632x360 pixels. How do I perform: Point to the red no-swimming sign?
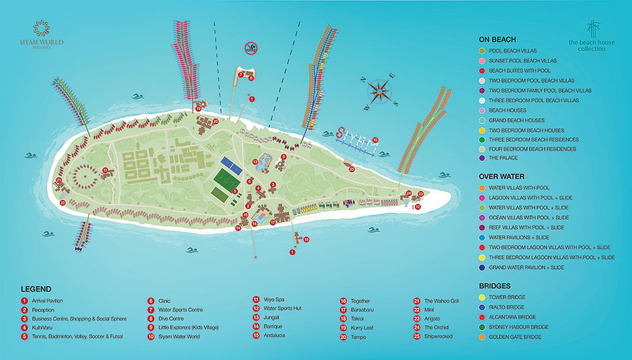coord(251,48)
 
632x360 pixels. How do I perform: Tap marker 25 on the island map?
coord(352,169)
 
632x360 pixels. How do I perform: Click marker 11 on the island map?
coord(105,171)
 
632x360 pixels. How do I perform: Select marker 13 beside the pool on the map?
coord(255,162)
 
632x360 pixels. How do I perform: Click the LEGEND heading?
coord(36,288)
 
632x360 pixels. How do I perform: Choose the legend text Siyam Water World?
coord(180,336)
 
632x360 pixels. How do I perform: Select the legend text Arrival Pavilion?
coord(46,301)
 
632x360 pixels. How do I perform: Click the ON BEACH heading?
coord(497,39)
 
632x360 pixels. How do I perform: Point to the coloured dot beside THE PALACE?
coord(483,158)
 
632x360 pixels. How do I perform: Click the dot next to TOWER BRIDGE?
coord(483,297)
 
